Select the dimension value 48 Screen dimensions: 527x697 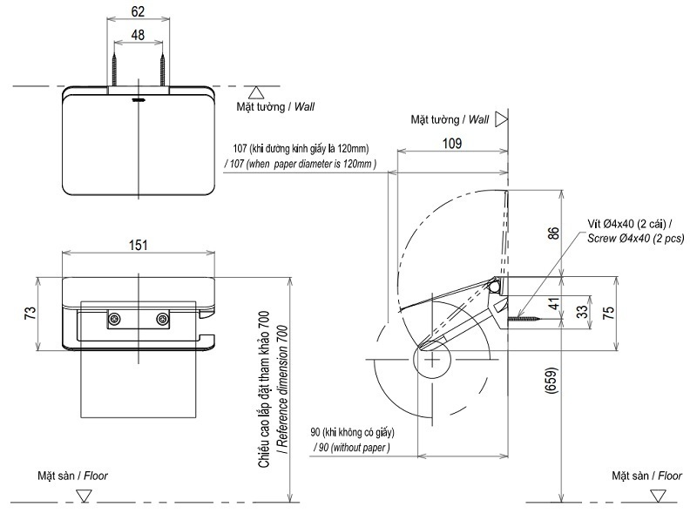coord(137,35)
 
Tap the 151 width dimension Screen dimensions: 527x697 coord(138,246)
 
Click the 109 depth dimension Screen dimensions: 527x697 coord(451,143)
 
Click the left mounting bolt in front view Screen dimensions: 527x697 coord(114,321)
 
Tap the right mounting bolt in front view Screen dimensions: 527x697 coord(161,321)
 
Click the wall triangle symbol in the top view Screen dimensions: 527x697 coord(255,91)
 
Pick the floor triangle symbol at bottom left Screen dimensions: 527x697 coord(84,495)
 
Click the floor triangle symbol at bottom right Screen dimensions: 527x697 coord(655,495)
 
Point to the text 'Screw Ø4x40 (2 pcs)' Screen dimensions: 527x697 coord(635,238)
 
